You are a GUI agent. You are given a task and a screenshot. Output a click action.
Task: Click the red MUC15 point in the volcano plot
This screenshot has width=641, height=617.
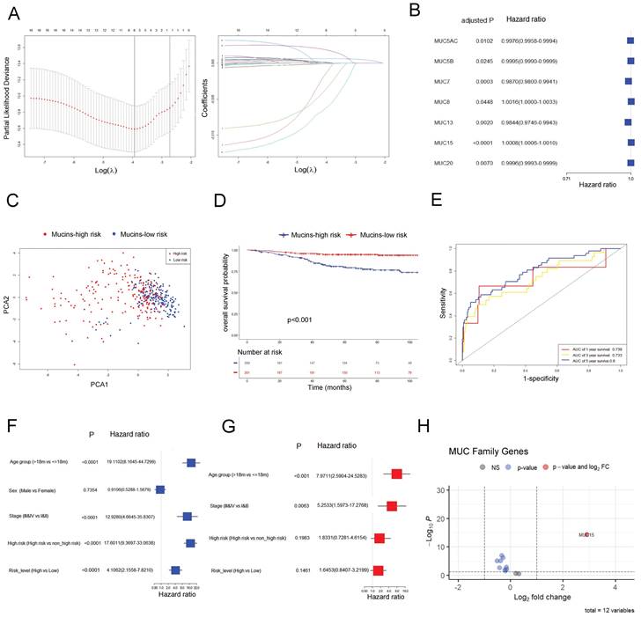click(586, 534)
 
